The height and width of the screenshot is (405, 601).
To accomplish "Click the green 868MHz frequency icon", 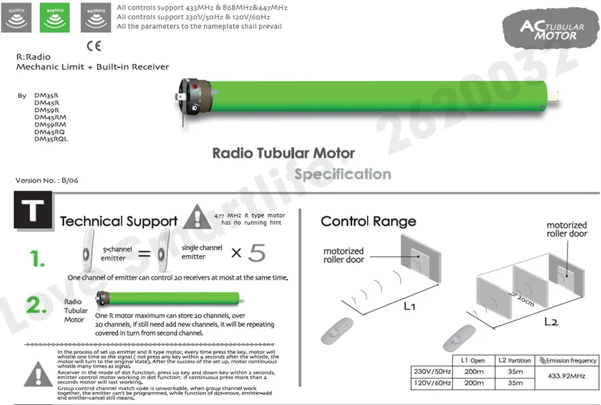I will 56,17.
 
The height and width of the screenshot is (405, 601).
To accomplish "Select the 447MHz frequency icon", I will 96,17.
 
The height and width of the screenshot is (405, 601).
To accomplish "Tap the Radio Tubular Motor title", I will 283,154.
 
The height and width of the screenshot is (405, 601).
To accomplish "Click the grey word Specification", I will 343,174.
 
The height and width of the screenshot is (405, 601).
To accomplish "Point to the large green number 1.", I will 37,259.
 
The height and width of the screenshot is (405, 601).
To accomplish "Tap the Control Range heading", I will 368,222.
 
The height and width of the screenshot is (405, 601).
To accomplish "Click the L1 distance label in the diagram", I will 408,306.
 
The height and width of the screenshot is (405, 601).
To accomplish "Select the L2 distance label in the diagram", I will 551,322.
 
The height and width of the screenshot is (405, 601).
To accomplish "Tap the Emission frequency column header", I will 568,360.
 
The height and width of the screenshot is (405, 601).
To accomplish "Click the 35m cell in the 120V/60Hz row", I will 514,383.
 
